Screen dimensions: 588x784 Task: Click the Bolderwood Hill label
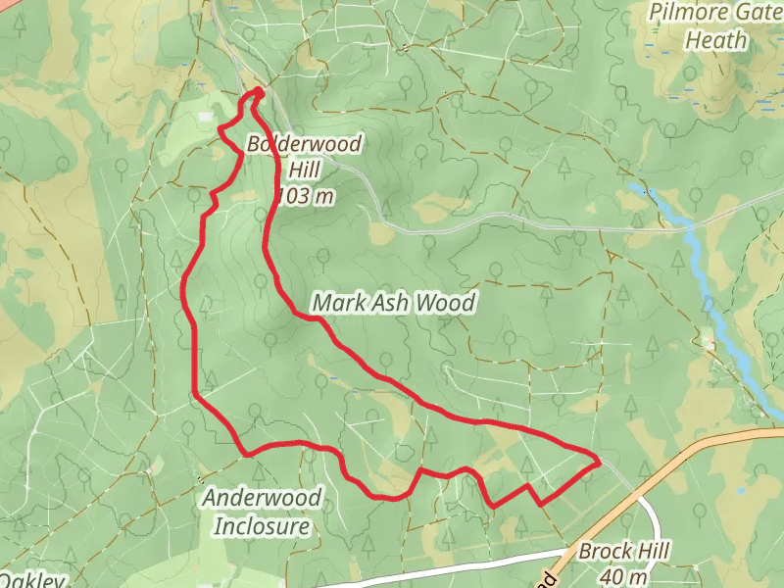pos(305,158)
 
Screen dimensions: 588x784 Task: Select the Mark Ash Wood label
pos(393,303)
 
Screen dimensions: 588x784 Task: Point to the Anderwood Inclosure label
pos(262,512)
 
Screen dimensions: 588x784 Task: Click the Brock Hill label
pos(623,552)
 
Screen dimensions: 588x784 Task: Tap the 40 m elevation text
pos(623,576)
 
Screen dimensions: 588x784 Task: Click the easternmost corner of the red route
pos(599,461)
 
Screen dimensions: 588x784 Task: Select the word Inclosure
pos(262,526)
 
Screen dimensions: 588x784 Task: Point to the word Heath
pos(715,41)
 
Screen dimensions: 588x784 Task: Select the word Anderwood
pos(262,498)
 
